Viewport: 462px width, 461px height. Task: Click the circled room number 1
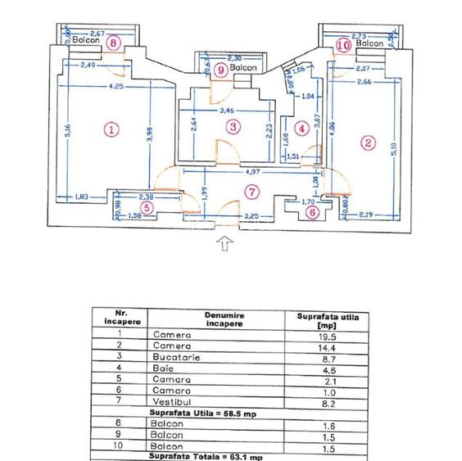tap(112, 129)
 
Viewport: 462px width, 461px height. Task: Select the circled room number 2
tap(368, 142)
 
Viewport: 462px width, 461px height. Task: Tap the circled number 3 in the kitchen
tap(233, 126)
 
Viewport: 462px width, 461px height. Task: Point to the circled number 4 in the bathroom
tap(302, 128)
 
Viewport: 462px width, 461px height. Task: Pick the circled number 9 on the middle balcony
tap(220, 70)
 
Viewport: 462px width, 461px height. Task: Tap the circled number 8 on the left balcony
tap(113, 43)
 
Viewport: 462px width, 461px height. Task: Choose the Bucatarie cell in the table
tap(172, 357)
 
